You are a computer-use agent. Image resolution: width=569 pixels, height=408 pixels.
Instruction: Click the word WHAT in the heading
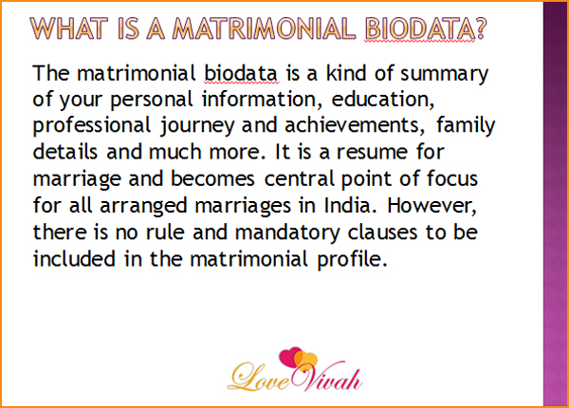click(x=69, y=28)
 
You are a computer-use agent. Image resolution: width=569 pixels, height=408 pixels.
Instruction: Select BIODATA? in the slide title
click(x=425, y=28)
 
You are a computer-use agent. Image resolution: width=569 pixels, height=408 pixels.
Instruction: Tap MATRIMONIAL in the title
click(x=264, y=28)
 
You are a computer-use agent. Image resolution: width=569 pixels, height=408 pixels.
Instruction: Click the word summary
click(x=445, y=74)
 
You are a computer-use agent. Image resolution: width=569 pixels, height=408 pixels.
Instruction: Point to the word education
click(x=383, y=99)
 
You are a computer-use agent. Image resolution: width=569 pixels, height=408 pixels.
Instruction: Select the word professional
click(x=91, y=126)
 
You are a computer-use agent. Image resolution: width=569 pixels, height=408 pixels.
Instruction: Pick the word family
click(x=466, y=126)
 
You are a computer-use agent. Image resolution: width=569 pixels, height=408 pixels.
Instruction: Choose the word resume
click(x=373, y=152)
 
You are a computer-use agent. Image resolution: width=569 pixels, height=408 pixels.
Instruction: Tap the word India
click(x=348, y=205)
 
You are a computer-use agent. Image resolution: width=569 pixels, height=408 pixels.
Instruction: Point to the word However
click(x=431, y=206)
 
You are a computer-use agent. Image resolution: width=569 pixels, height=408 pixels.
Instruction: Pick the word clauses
click(x=382, y=232)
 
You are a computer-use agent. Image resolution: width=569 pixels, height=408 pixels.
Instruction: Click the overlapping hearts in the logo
click(x=299, y=360)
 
